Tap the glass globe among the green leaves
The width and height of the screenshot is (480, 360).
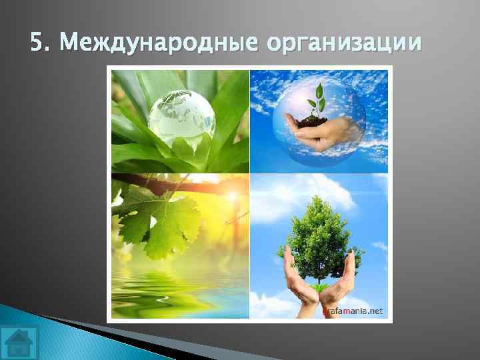tap(181, 119)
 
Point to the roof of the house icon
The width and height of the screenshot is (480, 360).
tap(19, 336)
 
